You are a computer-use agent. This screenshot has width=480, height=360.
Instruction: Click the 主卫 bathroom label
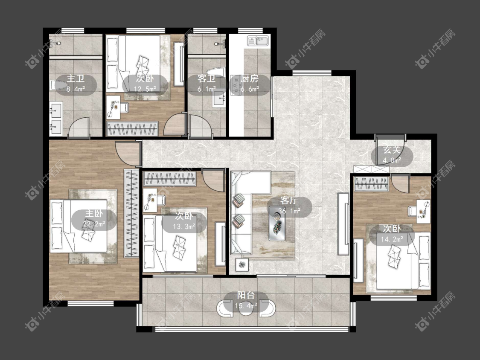pos(76,78)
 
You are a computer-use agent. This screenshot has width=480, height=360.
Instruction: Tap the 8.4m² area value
pos(76,89)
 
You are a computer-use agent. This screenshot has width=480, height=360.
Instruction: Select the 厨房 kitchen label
pos(250,78)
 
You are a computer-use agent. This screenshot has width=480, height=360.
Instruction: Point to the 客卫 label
pos(207,78)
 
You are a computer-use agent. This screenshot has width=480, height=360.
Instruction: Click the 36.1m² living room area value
pos(289,211)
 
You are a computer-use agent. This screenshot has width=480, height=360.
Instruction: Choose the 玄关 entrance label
pos(392,150)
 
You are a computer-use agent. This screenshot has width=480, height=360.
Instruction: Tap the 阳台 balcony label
pos(246,296)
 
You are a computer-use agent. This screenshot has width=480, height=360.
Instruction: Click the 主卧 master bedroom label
pos(94,214)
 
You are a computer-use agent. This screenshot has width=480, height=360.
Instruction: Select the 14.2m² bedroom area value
pos(392,239)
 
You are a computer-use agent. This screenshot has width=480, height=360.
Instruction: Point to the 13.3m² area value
pos(184,226)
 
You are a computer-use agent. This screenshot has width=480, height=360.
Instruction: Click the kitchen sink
pos(258,41)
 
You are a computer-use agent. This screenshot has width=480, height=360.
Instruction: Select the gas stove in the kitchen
pos(236,84)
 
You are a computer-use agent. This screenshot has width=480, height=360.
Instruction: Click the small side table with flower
pos(242,264)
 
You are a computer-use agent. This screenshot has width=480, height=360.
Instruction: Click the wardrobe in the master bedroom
pos(131,213)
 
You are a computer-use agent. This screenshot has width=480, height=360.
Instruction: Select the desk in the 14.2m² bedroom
pos(423,212)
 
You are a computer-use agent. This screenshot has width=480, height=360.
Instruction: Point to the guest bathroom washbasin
pos(219,98)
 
